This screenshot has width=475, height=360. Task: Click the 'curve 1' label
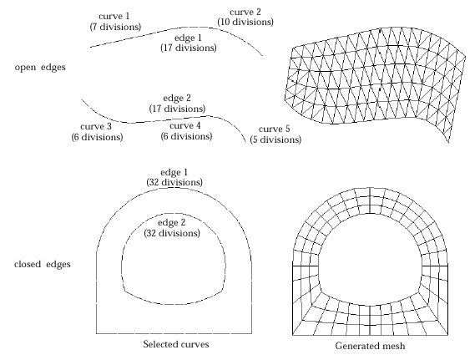[114, 16]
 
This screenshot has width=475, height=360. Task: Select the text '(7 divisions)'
[115, 27]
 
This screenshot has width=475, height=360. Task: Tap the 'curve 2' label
[245, 13]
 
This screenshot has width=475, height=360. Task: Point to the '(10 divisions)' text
[245, 22]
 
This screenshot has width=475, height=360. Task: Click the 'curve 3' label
[96, 126]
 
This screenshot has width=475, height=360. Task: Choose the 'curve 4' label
[185, 125]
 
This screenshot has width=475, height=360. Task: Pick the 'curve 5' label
[275, 129]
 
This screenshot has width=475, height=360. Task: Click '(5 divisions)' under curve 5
[275, 139]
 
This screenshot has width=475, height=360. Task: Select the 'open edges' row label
[40, 67]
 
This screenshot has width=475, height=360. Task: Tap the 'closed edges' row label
[43, 264]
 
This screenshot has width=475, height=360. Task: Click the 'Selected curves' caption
[176, 344]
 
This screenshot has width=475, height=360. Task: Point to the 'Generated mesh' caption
[370, 346]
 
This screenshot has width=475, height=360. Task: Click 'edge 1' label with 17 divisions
[188, 38]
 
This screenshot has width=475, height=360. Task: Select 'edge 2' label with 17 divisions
[177, 99]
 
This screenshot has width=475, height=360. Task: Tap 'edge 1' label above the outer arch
[174, 172]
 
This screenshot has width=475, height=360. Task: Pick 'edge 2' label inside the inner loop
[171, 223]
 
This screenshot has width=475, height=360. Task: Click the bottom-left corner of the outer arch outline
[96, 333]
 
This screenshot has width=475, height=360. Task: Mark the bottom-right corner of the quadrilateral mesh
[447, 335]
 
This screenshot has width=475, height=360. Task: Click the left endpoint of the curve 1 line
[90, 47]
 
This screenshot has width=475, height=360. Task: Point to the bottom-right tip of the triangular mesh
[448, 143]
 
